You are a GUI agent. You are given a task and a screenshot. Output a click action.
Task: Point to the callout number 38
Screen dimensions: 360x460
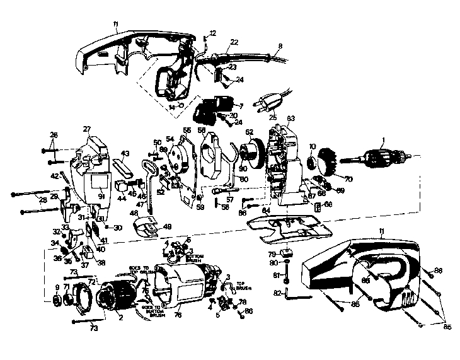83,262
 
